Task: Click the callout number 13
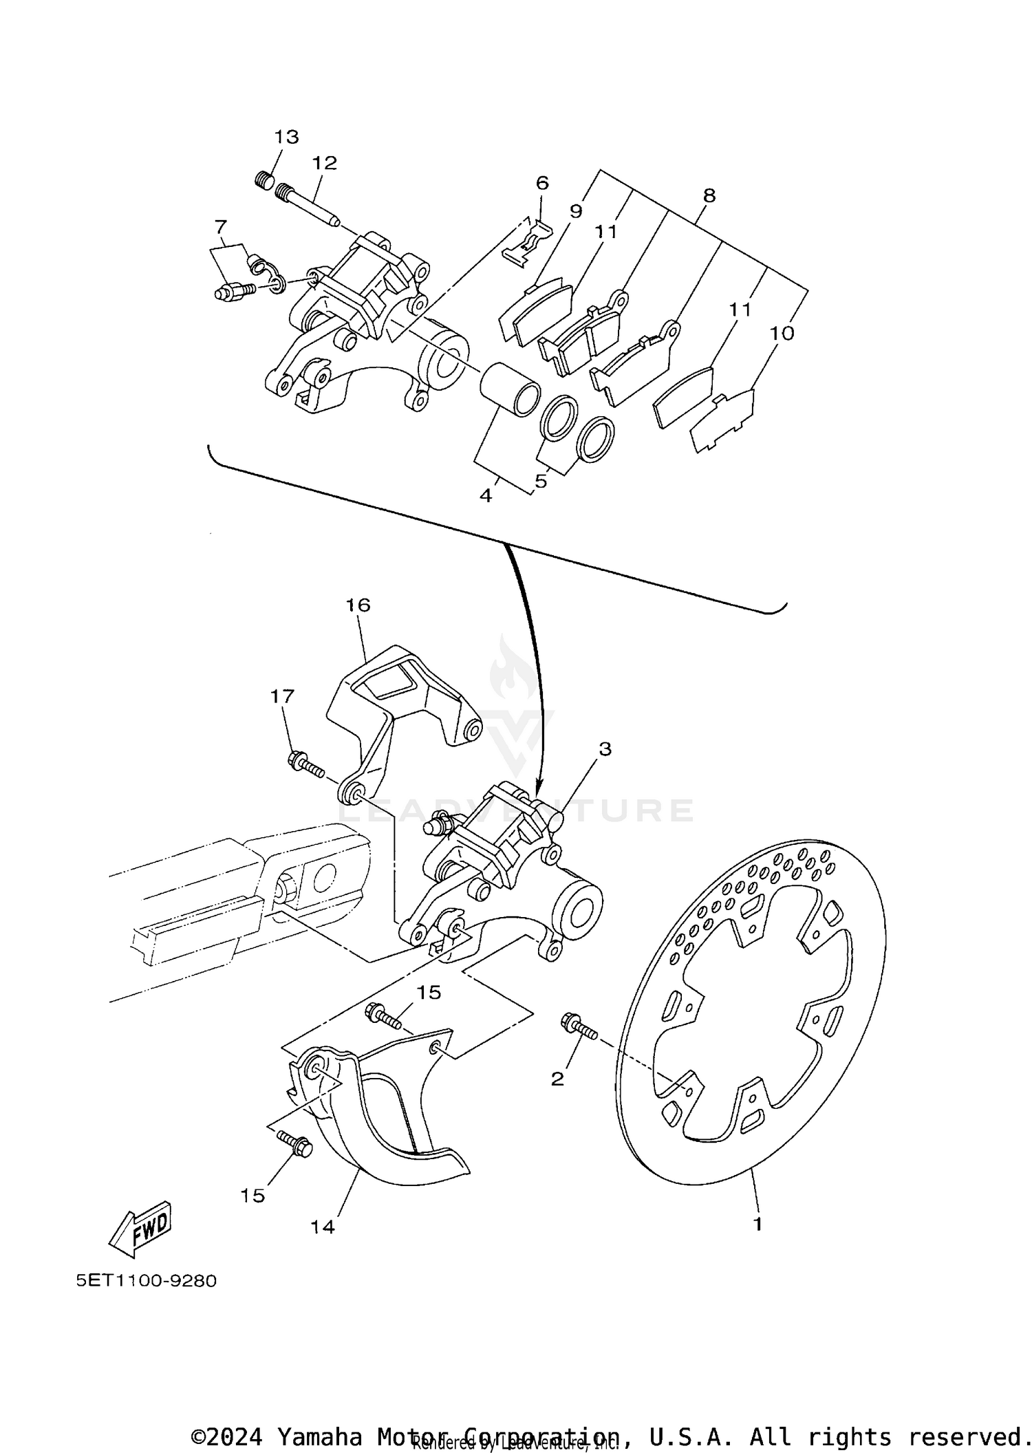point(287,137)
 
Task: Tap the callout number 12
point(324,163)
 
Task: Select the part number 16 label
point(358,605)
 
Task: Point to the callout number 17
point(282,696)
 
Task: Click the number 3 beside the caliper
point(605,748)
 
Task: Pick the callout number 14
point(322,1227)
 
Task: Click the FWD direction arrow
point(141,1226)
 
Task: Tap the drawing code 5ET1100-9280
point(147,1280)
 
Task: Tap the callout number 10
point(782,333)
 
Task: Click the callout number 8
point(709,195)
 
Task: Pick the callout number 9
point(576,211)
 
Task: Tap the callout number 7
point(220,226)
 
